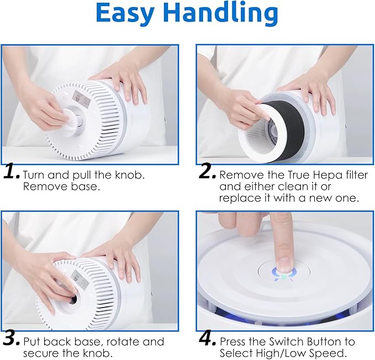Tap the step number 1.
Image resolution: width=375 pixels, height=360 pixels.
12,173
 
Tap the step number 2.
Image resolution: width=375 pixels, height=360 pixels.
207,173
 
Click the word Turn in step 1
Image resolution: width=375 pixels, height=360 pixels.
34,174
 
